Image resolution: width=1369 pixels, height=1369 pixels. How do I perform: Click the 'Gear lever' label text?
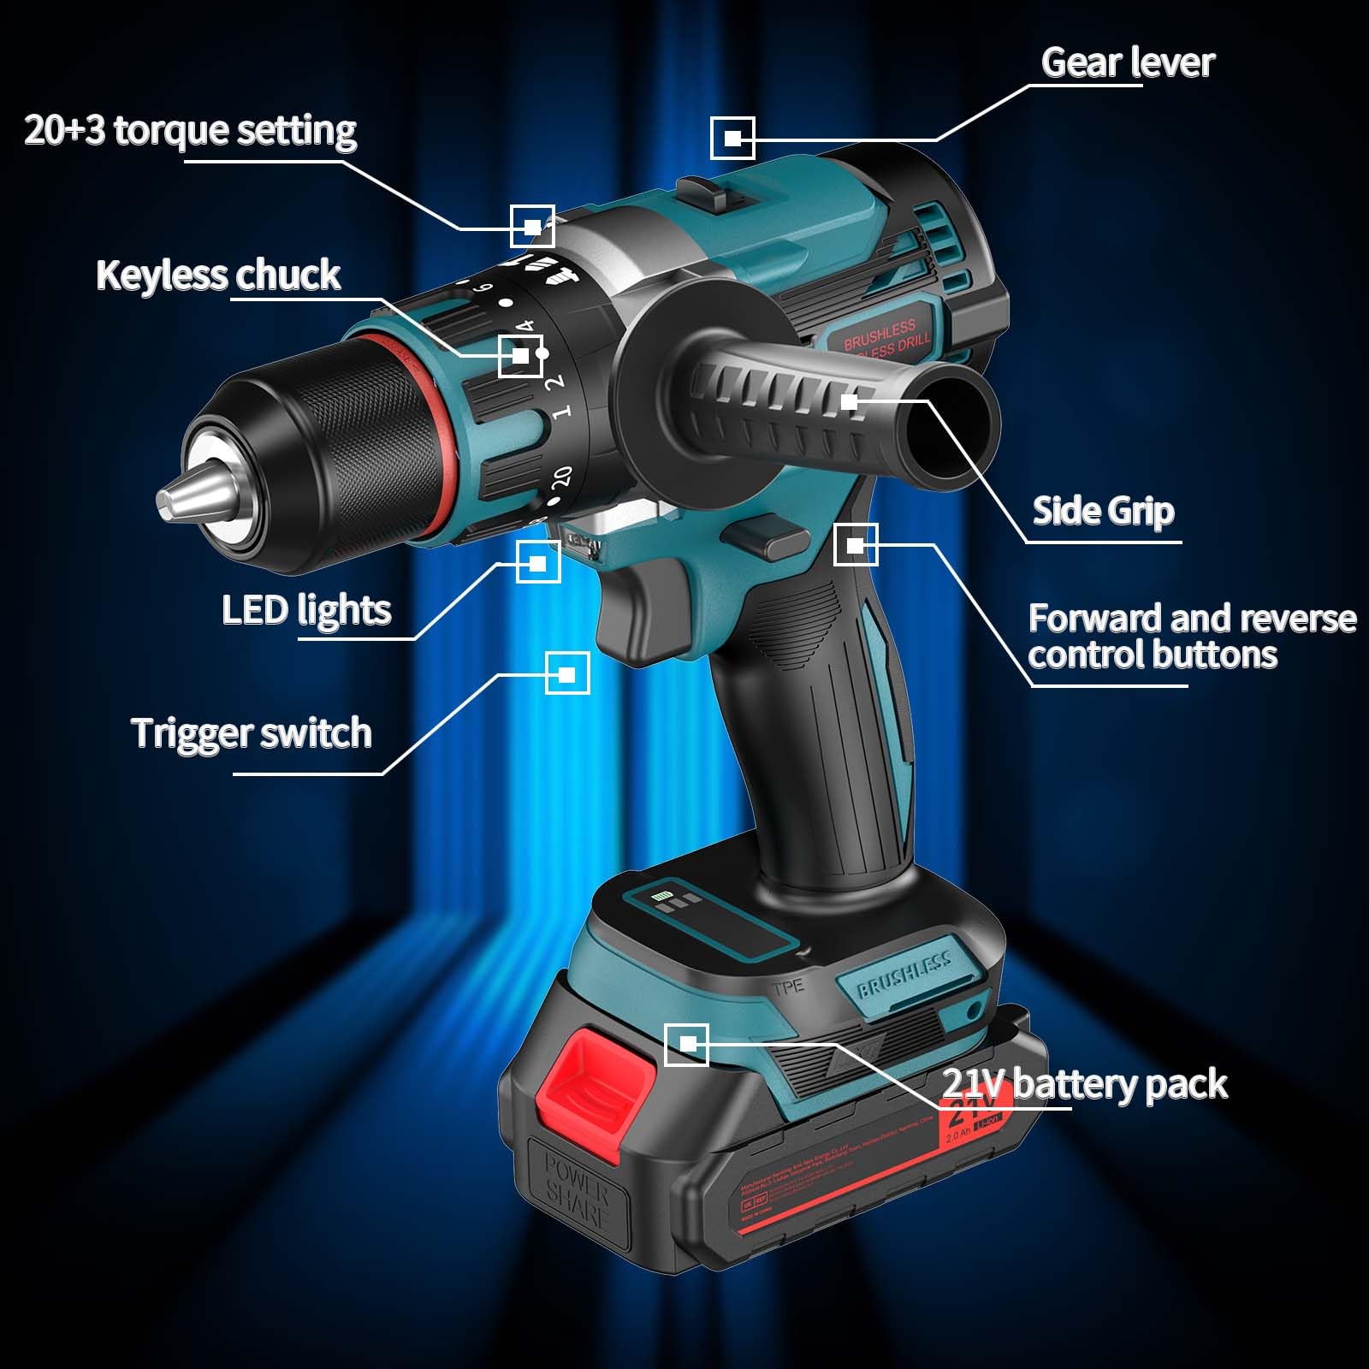pos(1127,62)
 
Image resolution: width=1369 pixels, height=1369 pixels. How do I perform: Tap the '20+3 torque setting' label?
pos(190,130)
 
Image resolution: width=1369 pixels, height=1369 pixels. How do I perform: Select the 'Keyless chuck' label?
pos(218,276)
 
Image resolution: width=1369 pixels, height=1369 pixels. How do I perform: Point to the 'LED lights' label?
pos(305,610)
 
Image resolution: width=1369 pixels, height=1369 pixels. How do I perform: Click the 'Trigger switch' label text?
pos(251,733)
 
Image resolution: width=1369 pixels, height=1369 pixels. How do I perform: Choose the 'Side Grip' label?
pos(1103,511)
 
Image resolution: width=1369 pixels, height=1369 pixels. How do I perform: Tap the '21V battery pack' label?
pos(1084,1084)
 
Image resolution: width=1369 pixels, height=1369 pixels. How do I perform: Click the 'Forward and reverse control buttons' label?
pos(1191,636)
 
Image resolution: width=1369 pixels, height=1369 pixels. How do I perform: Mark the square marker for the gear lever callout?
pos(732,138)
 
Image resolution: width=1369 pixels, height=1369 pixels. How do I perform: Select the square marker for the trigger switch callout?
pos(566,673)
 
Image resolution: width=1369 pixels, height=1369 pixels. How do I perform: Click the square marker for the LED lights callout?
pos(538,562)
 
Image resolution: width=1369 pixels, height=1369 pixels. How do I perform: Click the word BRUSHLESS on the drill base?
pos(904,975)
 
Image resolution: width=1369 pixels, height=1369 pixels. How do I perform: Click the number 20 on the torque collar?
pos(561,477)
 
